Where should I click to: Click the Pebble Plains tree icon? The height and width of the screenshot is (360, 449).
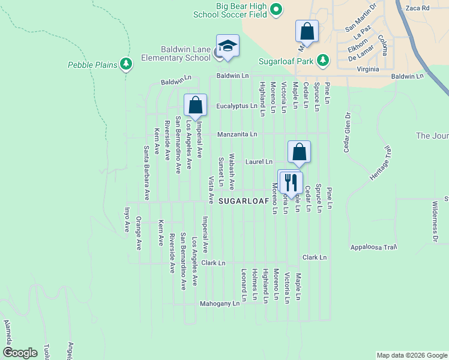tap(125, 63)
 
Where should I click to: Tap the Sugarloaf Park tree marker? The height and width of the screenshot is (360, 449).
tap(323, 60)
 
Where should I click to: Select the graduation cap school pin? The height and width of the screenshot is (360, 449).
tap(228, 46)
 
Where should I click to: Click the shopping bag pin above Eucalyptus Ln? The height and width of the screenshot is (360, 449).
tap(195, 106)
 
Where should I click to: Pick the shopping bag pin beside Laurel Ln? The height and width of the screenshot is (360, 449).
tap(299, 152)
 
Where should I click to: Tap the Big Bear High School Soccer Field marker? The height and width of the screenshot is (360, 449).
tap(276, 9)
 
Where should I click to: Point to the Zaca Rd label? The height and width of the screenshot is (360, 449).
tap(418, 8)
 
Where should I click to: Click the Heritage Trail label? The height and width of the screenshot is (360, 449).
tap(380, 164)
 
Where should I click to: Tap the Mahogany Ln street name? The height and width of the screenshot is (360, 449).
tap(220, 304)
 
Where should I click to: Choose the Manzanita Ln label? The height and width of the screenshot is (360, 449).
tap(237, 134)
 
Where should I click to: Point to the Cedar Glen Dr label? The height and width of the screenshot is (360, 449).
tap(347, 132)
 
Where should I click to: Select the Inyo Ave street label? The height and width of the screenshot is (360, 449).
tap(127, 220)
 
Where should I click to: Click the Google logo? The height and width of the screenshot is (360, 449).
tap(20, 353)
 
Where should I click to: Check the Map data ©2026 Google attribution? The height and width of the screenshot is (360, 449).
tap(411, 355)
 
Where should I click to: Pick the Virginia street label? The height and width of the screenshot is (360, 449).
tap(368, 69)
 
